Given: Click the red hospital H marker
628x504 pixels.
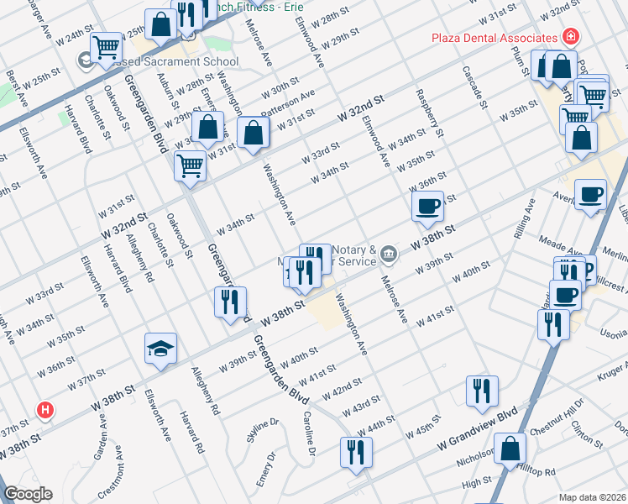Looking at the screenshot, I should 46,411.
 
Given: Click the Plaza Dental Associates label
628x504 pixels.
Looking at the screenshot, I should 494,38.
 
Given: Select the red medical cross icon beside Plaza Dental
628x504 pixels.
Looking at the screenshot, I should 571,38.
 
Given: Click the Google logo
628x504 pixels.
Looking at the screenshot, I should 28,494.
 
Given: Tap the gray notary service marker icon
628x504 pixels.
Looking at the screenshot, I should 389,252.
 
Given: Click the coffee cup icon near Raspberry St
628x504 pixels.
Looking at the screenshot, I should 427,206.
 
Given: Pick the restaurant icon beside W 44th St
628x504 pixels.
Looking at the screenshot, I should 356,451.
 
